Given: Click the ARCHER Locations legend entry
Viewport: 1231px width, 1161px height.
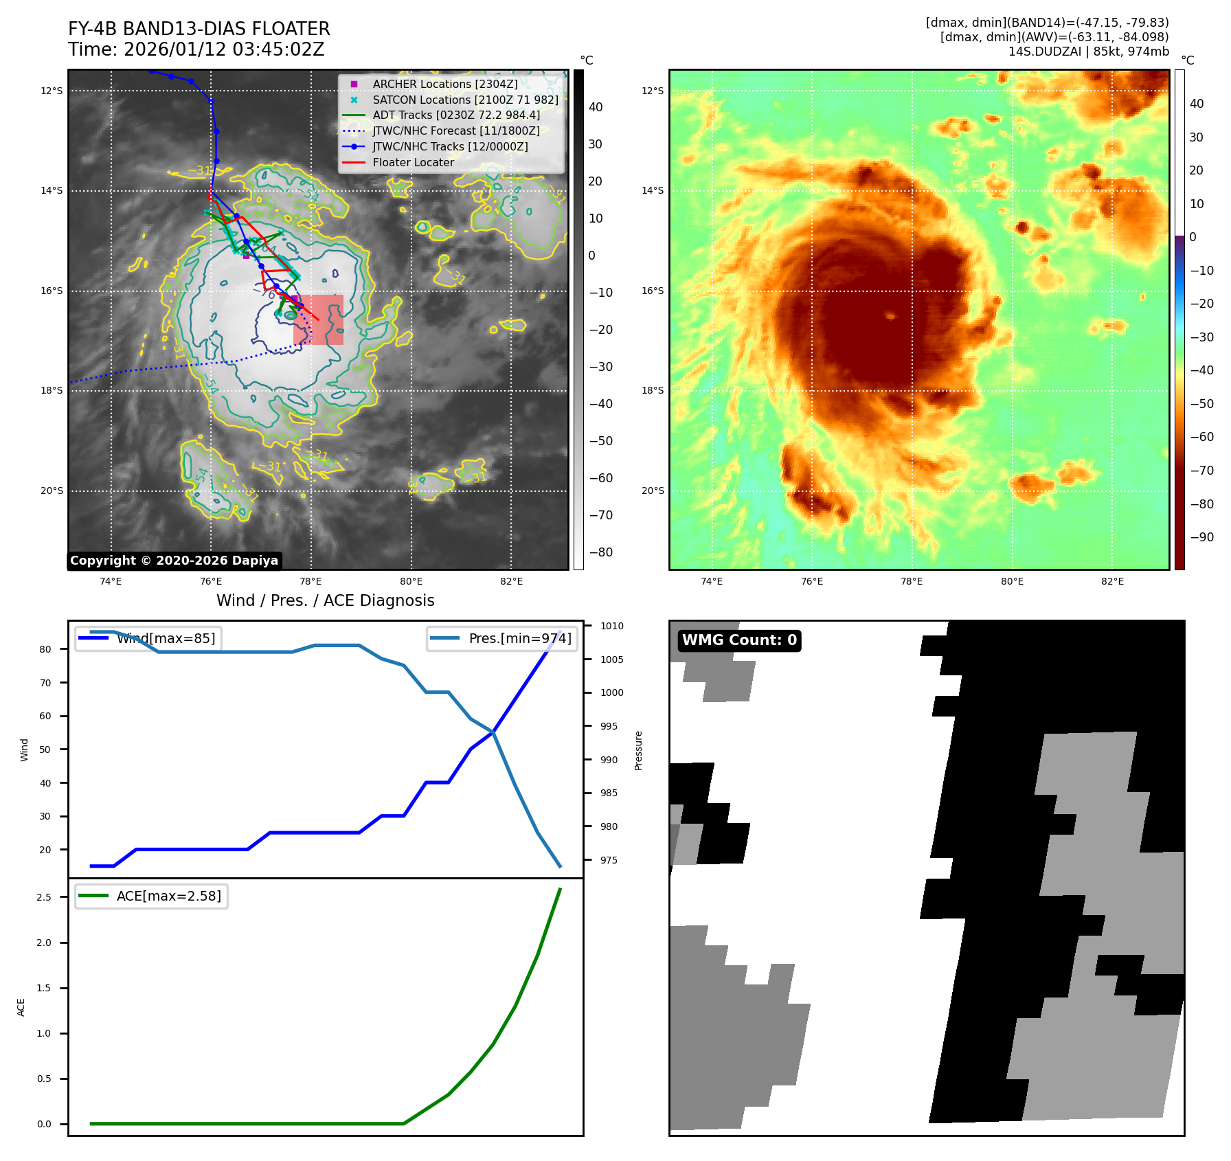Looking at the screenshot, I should coord(444,84).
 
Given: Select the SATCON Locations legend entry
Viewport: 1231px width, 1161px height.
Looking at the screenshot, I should coord(465,100).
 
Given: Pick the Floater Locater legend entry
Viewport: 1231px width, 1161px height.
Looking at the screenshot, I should coord(413,162).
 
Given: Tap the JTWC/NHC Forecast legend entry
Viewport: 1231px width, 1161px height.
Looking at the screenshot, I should coord(455,131).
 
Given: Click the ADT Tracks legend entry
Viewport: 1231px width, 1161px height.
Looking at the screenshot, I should coord(456,115).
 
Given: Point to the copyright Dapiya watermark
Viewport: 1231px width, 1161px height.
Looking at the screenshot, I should coord(174,561).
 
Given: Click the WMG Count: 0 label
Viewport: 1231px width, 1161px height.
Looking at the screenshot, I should coord(739,640).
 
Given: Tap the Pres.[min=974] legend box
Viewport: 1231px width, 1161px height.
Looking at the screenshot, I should coord(501,638).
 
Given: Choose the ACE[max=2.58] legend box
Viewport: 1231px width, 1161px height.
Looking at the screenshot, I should coord(151,896).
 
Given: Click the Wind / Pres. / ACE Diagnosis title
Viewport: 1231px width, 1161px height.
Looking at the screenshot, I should coord(325,600).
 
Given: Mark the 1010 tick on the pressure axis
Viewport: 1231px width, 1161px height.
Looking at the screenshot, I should coord(611,626).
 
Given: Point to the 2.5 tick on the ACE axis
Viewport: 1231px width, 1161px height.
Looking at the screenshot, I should coord(44,897).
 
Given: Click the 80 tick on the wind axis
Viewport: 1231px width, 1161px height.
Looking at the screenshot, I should coord(45,649).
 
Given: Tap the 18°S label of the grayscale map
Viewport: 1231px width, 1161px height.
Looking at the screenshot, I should coord(52,390).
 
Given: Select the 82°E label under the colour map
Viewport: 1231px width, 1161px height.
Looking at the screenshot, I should coord(1112,581).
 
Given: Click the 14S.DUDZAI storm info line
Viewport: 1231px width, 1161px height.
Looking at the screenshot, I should coord(1088,52).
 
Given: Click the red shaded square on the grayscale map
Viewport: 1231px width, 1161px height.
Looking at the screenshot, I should coord(318,319).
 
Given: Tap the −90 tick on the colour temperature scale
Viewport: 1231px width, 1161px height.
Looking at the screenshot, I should coord(1201,537).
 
